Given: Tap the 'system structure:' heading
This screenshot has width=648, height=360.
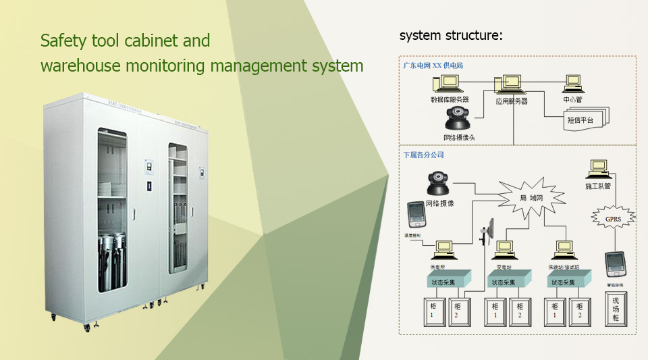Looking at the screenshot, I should (451, 35).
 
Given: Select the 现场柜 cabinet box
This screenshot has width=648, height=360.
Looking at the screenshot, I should (616, 309).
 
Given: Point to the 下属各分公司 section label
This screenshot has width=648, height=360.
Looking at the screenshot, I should (424, 155).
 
